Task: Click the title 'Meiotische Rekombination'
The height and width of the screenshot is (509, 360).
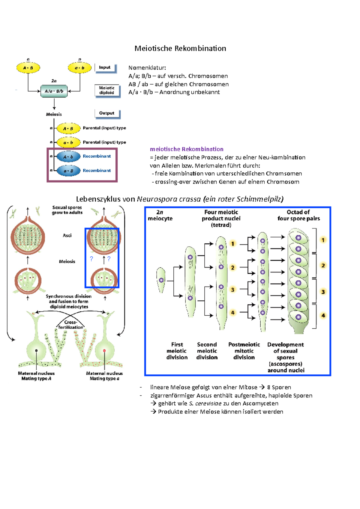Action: click(x=180, y=49)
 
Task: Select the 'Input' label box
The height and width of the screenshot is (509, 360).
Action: click(x=105, y=68)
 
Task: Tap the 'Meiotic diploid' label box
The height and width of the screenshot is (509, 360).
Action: click(x=107, y=91)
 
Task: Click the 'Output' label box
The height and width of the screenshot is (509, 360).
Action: click(x=107, y=113)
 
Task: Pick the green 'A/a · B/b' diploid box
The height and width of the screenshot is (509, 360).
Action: click(x=54, y=91)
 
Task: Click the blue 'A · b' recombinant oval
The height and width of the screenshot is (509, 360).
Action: click(x=68, y=156)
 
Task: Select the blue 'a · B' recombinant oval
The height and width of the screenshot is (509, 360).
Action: click(x=68, y=171)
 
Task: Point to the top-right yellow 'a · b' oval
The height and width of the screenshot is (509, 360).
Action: click(x=79, y=68)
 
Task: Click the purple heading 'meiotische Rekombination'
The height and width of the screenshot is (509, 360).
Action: click(x=187, y=149)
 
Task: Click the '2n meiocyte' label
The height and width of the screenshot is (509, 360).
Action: click(x=160, y=216)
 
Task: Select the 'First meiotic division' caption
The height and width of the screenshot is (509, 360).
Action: click(x=177, y=351)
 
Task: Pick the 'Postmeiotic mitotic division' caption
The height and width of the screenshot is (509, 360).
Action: click(x=244, y=351)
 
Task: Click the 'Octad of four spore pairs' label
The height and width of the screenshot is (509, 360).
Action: click(x=298, y=216)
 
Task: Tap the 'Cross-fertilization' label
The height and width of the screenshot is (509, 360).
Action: click(x=70, y=325)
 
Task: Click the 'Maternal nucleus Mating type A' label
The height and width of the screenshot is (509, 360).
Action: click(x=36, y=376)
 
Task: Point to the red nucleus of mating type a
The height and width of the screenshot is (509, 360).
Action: click(x=104, y=350)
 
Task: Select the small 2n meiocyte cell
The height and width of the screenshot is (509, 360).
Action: click(x=161, y=280)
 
